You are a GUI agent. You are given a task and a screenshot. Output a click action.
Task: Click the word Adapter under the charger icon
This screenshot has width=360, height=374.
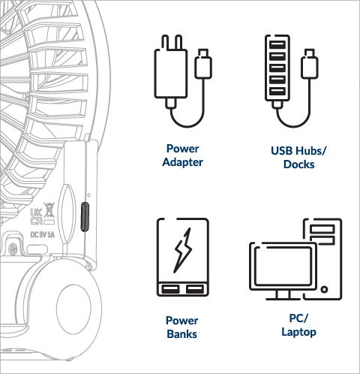(182, 162)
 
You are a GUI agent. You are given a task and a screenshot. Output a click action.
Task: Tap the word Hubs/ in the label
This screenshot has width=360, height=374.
(310, 151)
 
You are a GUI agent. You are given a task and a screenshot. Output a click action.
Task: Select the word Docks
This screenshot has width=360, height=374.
(299, 164)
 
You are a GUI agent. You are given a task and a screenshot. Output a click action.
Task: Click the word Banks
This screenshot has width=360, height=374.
(181, 334)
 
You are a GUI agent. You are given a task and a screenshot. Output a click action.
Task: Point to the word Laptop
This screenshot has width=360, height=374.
(299, 332)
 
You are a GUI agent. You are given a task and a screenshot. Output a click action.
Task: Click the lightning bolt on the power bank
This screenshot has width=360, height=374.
(183, 250)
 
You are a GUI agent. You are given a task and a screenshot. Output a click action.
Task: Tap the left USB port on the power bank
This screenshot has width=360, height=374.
(170, 289)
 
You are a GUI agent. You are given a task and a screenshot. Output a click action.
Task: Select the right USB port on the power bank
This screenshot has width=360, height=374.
(195, 289)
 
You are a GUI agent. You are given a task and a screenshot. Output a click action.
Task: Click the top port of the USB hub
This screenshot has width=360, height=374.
(277, 45)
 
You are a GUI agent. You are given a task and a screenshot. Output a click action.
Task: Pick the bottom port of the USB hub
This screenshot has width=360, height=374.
(277, 91)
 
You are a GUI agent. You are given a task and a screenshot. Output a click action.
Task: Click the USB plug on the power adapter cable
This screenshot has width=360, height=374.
(203, 64)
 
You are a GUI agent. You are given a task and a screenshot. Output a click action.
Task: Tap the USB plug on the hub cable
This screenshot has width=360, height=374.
(310, 64)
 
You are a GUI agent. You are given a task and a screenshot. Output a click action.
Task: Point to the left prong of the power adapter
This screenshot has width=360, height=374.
(165, 43)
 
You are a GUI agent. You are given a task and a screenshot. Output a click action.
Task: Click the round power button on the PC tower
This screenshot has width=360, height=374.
(324, 289)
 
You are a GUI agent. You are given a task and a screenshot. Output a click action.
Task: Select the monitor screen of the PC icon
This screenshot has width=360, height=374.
(283, 266)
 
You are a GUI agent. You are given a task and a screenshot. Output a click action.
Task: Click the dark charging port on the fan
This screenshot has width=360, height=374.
(85, 216)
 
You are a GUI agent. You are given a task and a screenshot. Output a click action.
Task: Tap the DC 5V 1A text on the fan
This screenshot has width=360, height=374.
(43, 235)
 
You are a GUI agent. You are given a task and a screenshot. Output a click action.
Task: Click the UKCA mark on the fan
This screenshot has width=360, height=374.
(37, 217)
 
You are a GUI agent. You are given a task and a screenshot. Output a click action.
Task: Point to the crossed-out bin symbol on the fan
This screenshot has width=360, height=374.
(49, 210)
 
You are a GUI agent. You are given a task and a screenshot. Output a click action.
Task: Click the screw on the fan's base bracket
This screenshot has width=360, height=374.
(13, 249)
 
